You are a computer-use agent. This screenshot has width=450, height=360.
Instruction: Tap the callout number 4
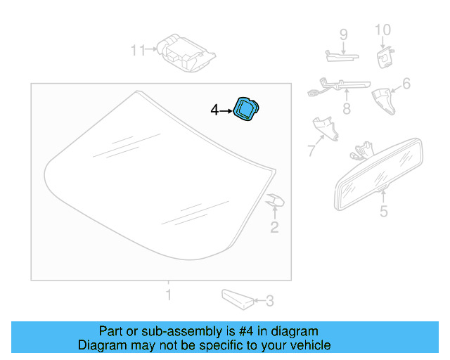[x=215, y=110]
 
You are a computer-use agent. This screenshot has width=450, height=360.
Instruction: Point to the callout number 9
[x=344, y=34]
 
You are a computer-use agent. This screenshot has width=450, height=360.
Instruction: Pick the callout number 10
[x=382, y=30]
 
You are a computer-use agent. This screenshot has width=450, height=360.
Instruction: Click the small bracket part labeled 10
[x=385, y=56]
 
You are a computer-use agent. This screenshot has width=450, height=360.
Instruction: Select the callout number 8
[x=346, y=109]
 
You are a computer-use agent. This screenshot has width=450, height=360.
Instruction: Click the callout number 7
[x=311, y=150]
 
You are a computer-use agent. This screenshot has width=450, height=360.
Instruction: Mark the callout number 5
[x=383, y=211]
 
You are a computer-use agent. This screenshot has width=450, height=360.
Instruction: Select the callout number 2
[x=274, y=226]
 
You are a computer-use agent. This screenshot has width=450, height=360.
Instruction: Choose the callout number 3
[x=269, y=302]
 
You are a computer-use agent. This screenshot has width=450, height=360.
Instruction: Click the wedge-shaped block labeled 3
[x=238, y=299]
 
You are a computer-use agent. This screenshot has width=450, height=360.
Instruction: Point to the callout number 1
[x=167, y=293]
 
